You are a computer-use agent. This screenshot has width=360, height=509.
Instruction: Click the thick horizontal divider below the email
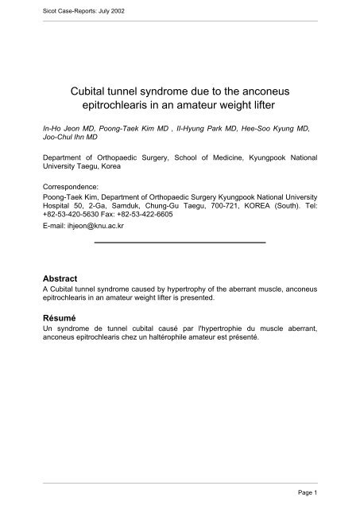pyautogui.click(x=180, y=241)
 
